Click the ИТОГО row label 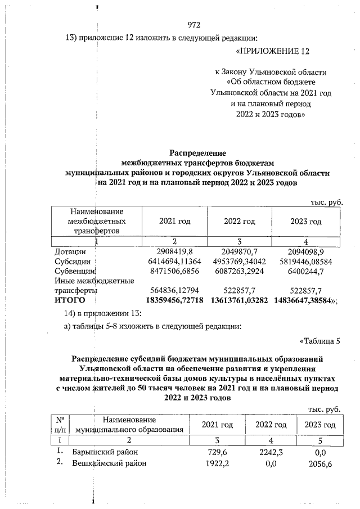pos(70,301)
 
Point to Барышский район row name pos(105,452)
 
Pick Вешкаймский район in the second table pos(109,463)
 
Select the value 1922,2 pos(217,463)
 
